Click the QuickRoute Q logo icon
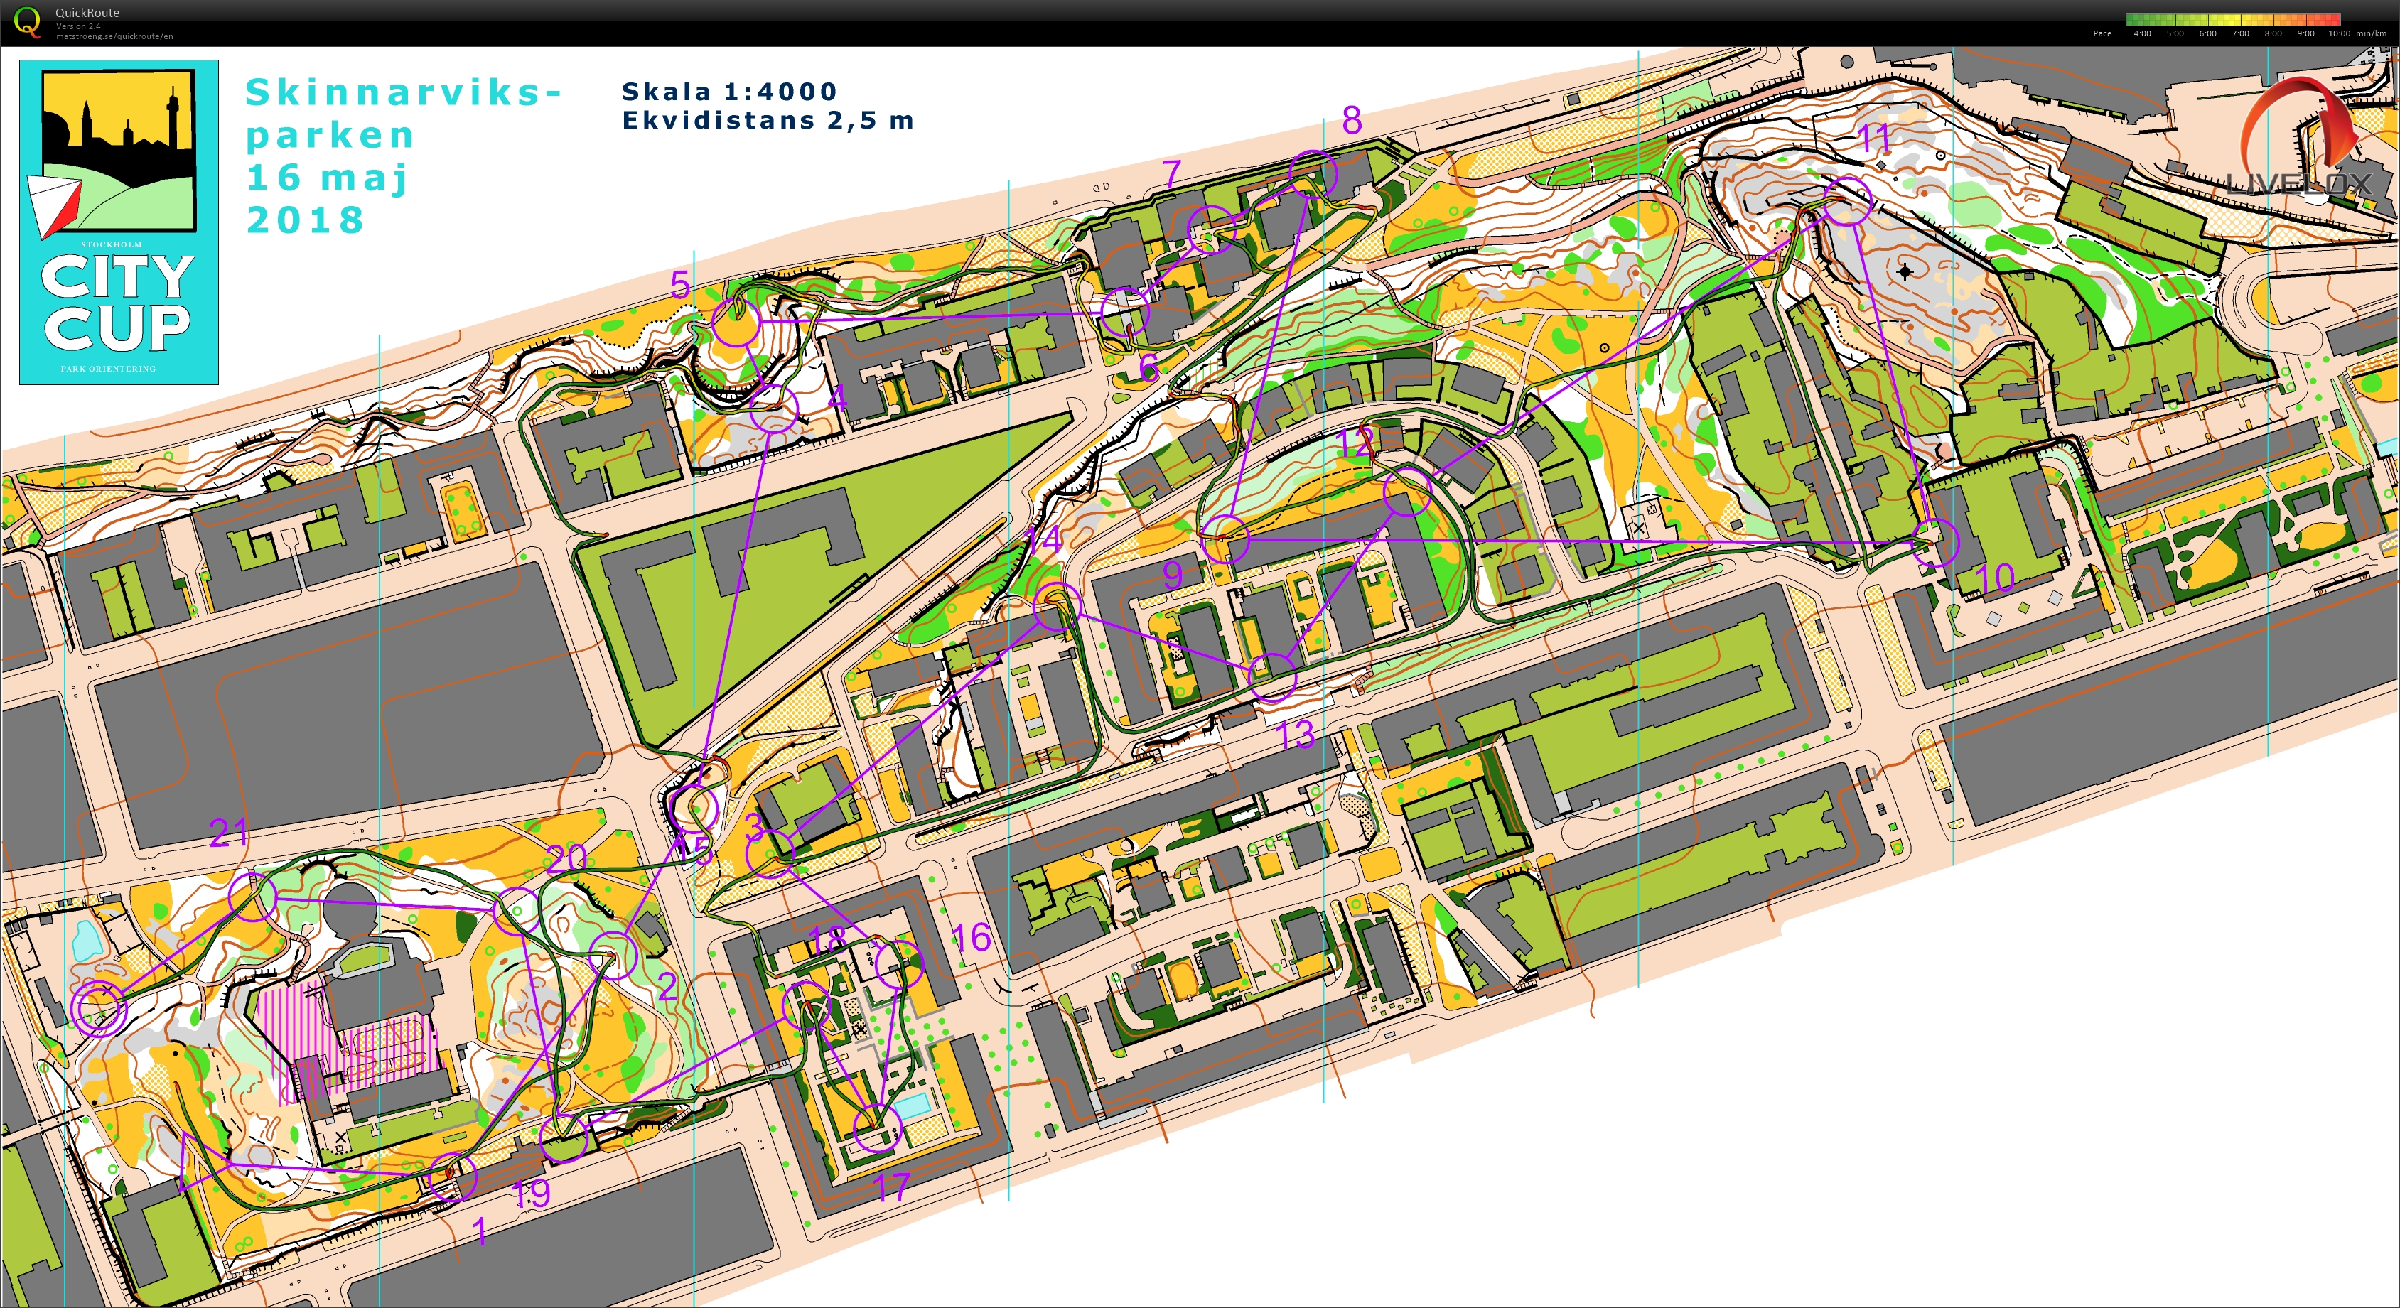click(28, 21)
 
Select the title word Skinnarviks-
click(402, 92)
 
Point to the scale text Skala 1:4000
click(728, 92)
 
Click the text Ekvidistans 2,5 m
click(767, 120)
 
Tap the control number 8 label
click(1352, 119)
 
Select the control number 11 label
click(1875, 139)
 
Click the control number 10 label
click(1995, 578)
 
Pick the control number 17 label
click(892, 1187)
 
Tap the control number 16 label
click(971, 937)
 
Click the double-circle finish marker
click(99, 1007)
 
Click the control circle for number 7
click(1211, 227)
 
